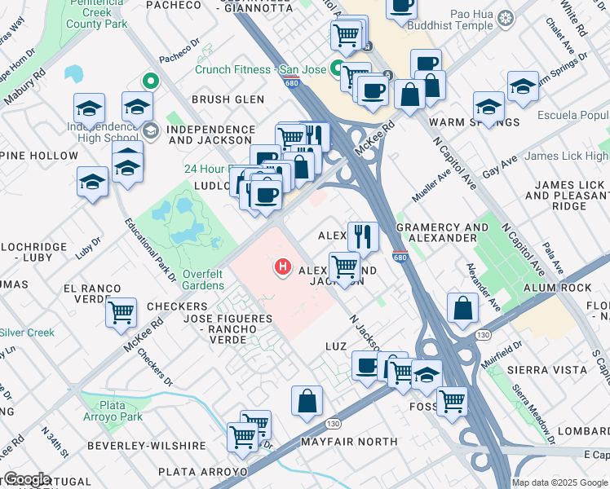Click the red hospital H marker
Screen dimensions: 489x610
coord(283,267)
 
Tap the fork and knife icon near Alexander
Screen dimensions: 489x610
coord(363,236)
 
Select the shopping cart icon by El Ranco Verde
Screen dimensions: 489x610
coord(121,311)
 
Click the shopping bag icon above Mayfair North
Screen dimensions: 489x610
coord(307,401)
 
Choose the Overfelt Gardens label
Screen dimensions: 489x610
coord(203,280)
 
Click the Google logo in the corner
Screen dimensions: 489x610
coord(27,479)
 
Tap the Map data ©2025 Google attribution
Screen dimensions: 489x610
coord(559,482)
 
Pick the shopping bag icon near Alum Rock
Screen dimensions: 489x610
coord(462,310)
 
